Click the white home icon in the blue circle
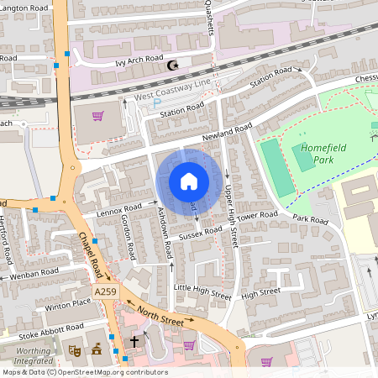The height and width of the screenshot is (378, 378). click(x=189, y=181)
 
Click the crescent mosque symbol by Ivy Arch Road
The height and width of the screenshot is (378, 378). click(x=174, y=65)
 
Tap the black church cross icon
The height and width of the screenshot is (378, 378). click(x=134, y=342)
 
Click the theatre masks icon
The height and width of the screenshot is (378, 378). click(x=75, y=348)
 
